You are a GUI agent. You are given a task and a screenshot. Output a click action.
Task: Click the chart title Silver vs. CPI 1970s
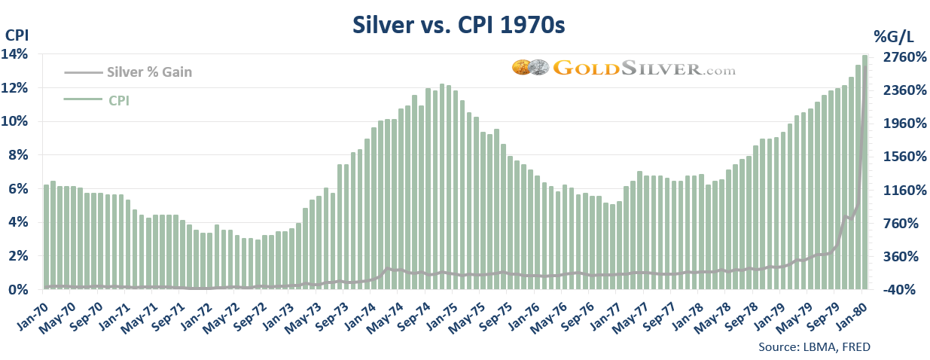click(459, 25)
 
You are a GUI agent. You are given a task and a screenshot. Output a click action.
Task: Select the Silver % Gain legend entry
click(150, 72)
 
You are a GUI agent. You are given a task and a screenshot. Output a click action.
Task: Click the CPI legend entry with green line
click(119, 99)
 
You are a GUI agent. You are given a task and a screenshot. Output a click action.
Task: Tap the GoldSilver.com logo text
click(644, 69)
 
